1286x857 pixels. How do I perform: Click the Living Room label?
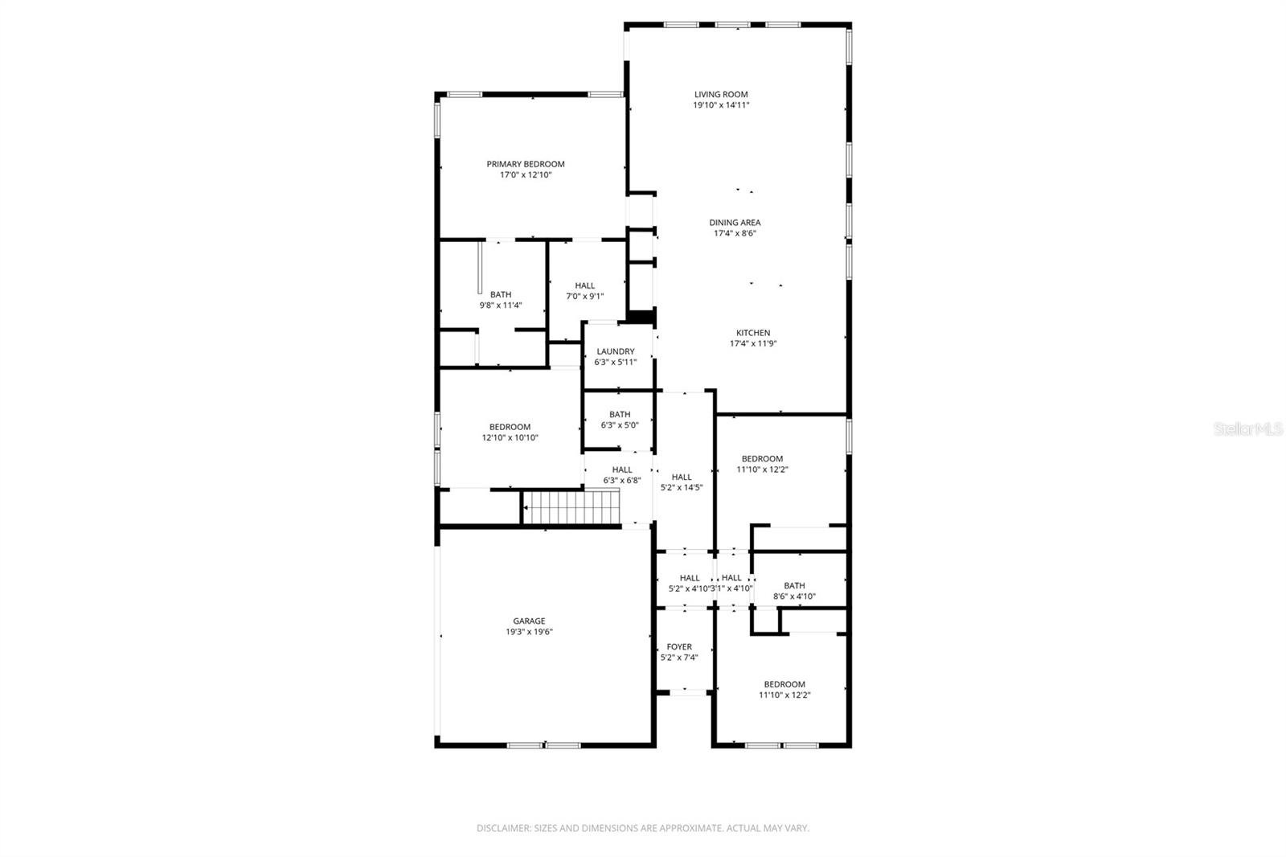[721, 94]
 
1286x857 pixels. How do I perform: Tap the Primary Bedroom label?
[526, 164]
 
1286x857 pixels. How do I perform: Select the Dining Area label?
[735, 223]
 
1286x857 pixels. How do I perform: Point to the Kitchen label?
[753, 333]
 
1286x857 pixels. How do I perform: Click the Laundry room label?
[616, 351]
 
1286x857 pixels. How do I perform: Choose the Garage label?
[529, 621]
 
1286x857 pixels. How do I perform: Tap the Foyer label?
[679, 646]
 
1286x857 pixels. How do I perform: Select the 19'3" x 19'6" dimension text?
[529, 632]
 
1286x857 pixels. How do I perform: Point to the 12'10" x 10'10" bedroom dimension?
[510, 438]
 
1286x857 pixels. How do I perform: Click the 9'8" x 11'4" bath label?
[501, 300]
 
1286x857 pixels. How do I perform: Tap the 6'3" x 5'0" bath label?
[620, 420]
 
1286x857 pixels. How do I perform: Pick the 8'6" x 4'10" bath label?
[794, 591]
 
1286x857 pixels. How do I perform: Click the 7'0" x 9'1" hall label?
[585, 291]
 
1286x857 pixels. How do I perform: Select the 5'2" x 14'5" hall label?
[682, 482]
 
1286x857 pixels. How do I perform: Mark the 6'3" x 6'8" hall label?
[622, 475]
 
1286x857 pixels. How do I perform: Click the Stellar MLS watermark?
[1248, 429]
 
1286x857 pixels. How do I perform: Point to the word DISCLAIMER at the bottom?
[503, 828]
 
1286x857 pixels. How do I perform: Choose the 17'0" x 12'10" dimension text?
[526, 175]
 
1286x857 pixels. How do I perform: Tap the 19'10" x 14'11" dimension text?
[721, 105]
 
